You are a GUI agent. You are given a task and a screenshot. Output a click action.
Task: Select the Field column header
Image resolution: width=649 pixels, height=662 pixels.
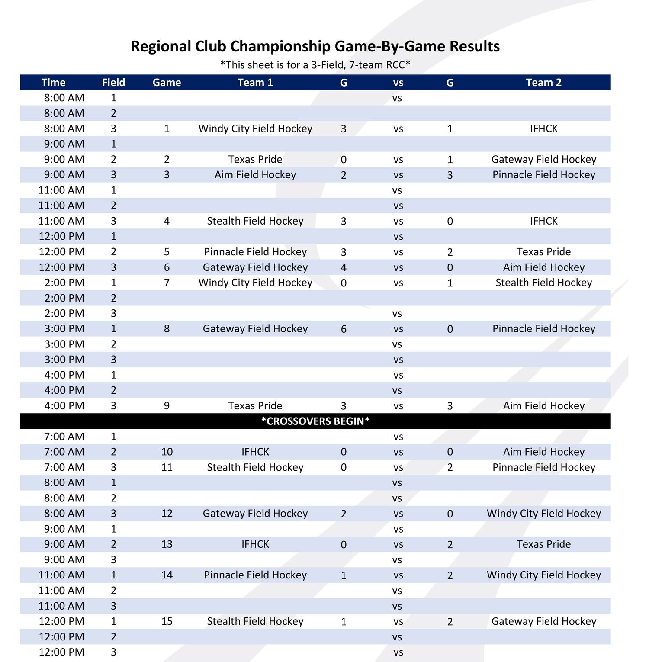click(x=113, y=83)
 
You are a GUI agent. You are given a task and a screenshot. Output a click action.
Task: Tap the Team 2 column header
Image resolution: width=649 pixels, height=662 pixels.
click(x=543, y=83)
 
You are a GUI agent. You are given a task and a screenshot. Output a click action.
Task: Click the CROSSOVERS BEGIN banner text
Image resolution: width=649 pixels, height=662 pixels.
click(x=315, y=421)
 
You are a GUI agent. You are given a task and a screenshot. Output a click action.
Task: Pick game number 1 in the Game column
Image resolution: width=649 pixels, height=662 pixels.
click(x=167, y=129)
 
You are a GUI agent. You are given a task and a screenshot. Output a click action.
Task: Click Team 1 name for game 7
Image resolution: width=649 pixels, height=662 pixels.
click(x=255, y=283)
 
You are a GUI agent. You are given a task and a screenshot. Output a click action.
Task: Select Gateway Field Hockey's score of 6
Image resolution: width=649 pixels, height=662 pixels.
click(x=344, y=329)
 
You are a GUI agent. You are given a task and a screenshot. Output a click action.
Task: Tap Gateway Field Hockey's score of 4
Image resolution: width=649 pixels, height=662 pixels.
click(x=344, y=267)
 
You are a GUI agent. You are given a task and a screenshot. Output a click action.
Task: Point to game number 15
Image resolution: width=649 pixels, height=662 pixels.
click(x=167, y=622)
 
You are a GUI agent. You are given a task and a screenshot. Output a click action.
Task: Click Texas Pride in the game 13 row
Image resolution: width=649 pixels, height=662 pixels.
click(x=543, y=544)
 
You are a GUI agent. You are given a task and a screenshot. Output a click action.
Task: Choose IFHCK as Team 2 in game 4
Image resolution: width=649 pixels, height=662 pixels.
click(x=543, y=221)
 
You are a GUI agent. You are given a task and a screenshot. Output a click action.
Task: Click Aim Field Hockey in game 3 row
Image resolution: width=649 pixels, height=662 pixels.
click(x=255, y=175)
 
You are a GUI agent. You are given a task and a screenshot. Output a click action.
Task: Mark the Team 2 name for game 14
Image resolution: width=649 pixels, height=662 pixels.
click(x=543, y=575)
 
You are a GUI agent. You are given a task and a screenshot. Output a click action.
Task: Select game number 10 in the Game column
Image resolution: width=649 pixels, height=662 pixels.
click(x=167, y=452)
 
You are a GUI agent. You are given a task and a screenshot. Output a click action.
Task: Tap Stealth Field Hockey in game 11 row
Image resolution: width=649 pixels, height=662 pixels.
click(x=255, y=467)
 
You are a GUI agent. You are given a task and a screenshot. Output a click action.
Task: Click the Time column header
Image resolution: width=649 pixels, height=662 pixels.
click(x=53, y=83)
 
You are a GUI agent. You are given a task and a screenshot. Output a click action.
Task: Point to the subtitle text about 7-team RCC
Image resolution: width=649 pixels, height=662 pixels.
click(x=315, y=65)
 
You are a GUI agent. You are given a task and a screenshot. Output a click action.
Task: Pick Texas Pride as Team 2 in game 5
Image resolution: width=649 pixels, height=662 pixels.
click(x=543, y=252)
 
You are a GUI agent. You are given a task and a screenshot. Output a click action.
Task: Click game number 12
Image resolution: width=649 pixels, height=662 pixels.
click(x=167, y=514)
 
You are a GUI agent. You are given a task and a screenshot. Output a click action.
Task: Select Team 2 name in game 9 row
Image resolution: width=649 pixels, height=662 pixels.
click(x=543, y=406)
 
